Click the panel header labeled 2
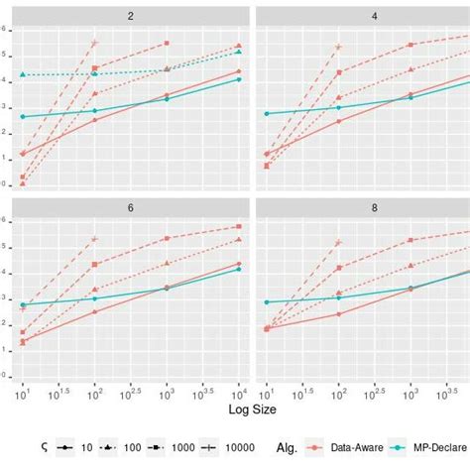131,16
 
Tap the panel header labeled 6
131,210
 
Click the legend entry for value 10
73,448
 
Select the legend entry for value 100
120,448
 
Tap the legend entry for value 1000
171,448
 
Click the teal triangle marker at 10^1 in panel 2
23,75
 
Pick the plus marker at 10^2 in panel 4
338,47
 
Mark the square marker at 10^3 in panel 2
167,44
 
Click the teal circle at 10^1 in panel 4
267,113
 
